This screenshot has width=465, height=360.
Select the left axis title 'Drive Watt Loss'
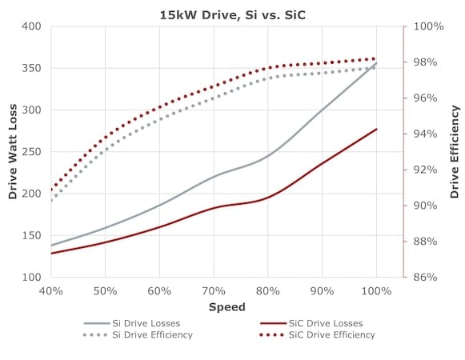[x=13, y=152]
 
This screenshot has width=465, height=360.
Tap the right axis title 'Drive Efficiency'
[x=455, y=152]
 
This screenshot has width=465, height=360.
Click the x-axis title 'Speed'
[x=227, y=307]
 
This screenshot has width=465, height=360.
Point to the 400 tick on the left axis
[x=31, y=26]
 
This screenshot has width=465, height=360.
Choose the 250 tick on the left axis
[x=31, y=152]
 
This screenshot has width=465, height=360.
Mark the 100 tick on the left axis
[x=31, y=277]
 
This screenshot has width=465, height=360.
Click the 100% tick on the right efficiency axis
[x=428, y=26]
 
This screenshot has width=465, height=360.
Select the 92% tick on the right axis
[x=425, y=170]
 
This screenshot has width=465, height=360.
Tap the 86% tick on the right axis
[x=425, y=277]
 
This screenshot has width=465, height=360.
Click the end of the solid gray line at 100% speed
[x=376, y=63]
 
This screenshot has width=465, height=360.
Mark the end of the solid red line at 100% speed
[x=376, y=129]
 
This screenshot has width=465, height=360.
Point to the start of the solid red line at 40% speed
[x=51, y=254]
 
